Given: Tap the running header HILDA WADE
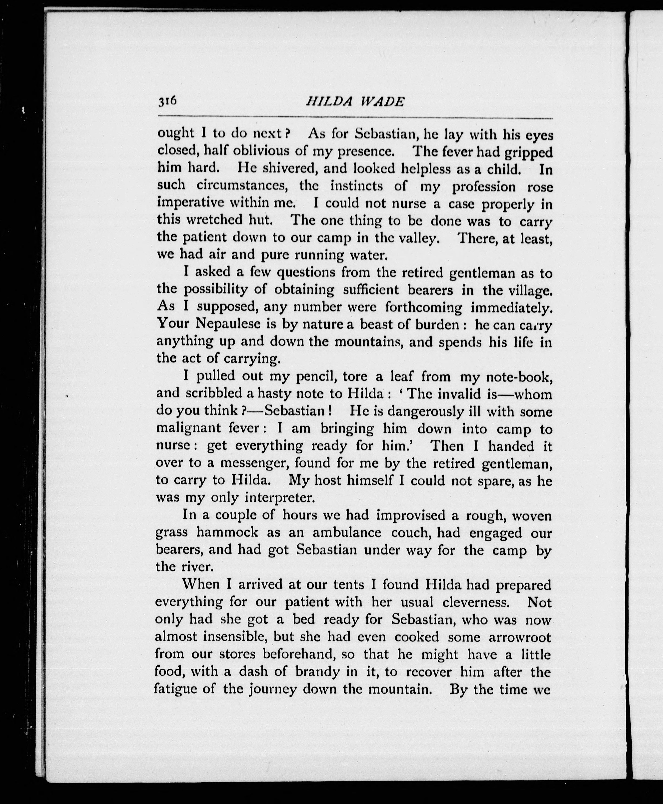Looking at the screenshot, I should pos(355,101).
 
